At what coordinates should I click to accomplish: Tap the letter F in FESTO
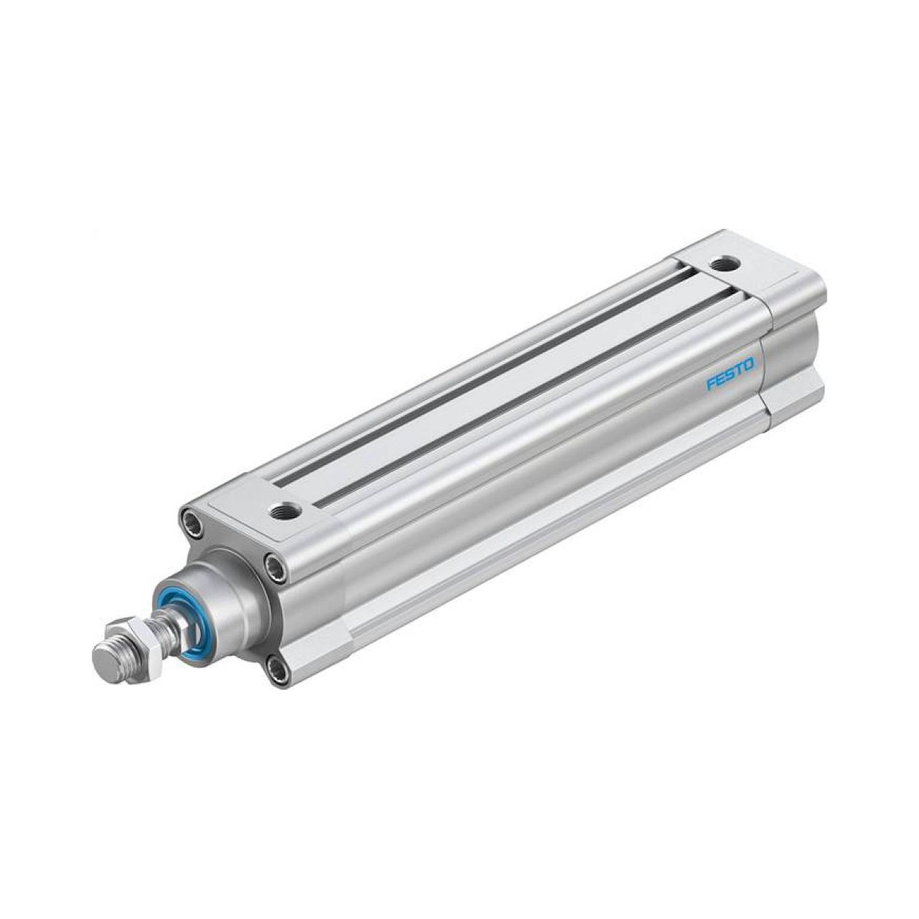711,384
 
